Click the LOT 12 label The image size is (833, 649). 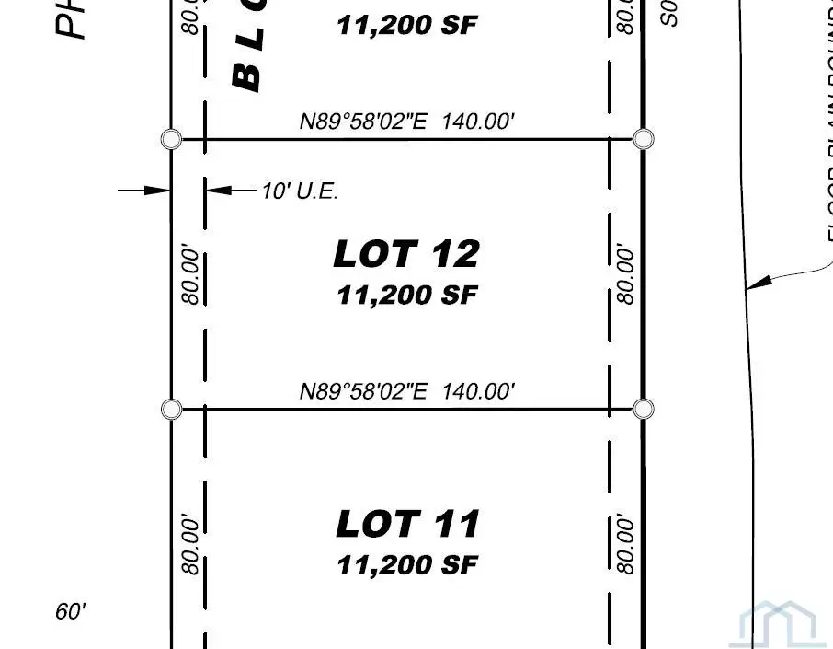pos(406,254)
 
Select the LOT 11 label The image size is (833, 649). pos(407,524)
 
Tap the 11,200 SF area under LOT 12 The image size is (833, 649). pos(407,296)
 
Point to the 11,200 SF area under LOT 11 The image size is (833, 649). pos(407,564)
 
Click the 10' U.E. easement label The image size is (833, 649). pos(300,191)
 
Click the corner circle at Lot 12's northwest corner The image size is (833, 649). pos(171,139)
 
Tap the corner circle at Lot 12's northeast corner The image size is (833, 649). pos(645,139)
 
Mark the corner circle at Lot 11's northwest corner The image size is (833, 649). pos(171,409)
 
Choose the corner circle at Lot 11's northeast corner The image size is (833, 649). pos(644,409)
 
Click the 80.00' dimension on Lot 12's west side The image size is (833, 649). pos(190,274)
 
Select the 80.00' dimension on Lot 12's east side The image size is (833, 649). pos(625,273)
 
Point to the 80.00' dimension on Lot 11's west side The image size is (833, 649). pos(190,545)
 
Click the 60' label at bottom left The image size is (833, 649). pos(71,611)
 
